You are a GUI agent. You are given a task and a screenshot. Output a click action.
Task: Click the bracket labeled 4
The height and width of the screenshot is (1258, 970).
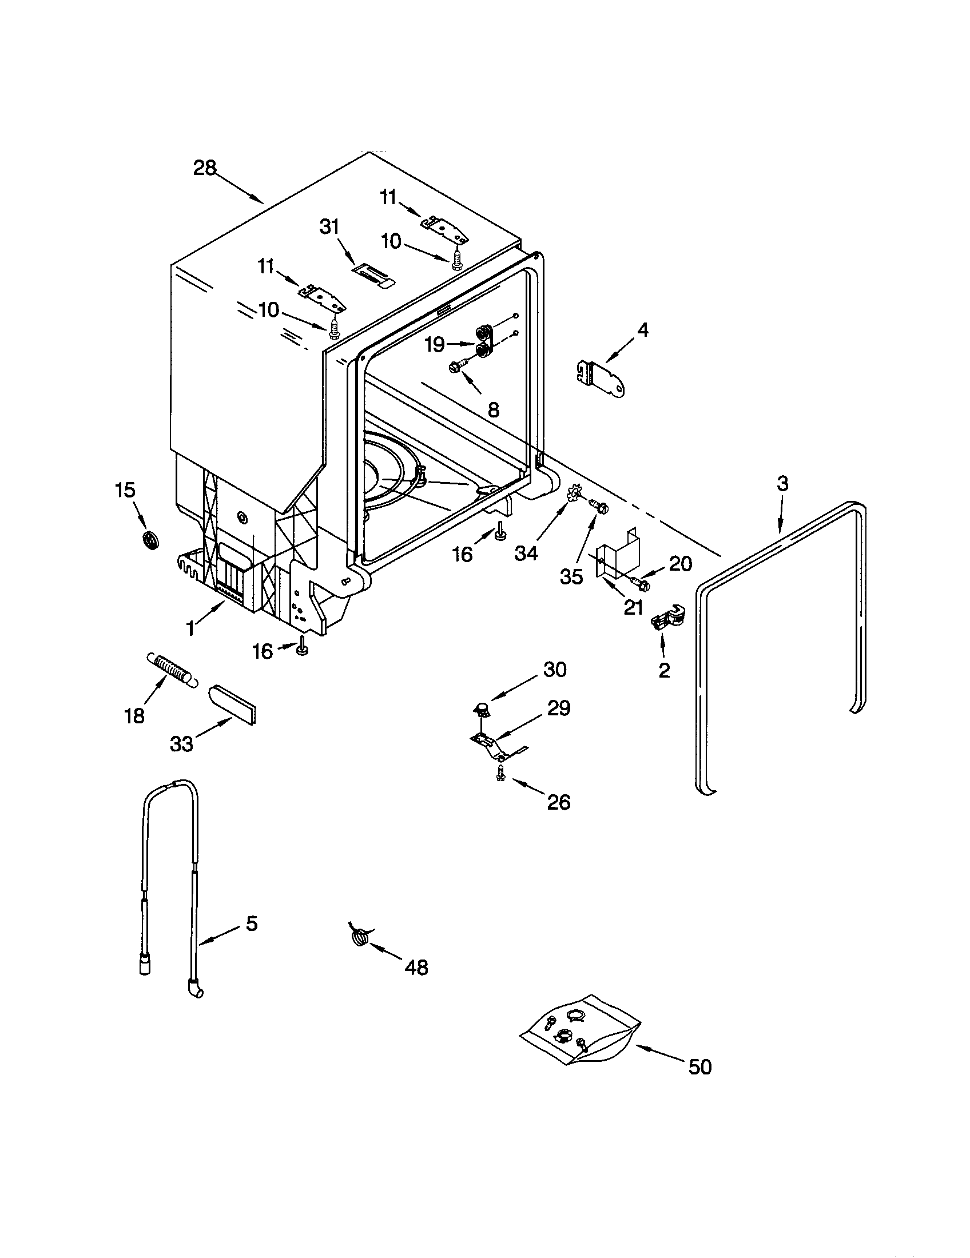(601, 378)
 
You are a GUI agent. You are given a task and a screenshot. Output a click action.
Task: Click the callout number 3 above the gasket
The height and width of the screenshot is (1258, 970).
(782, 483)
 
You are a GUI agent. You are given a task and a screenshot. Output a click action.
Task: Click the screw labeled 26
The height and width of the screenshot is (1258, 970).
(500, 775)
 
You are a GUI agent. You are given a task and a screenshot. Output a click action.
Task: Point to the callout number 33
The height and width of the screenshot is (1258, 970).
(181, 744)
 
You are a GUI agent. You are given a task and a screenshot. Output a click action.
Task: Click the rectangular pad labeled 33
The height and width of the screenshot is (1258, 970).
(233, 703)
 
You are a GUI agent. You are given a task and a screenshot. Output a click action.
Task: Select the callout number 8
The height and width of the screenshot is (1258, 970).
(493, 409)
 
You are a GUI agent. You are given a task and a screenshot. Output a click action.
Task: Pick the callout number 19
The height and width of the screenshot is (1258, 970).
(435, 344)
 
